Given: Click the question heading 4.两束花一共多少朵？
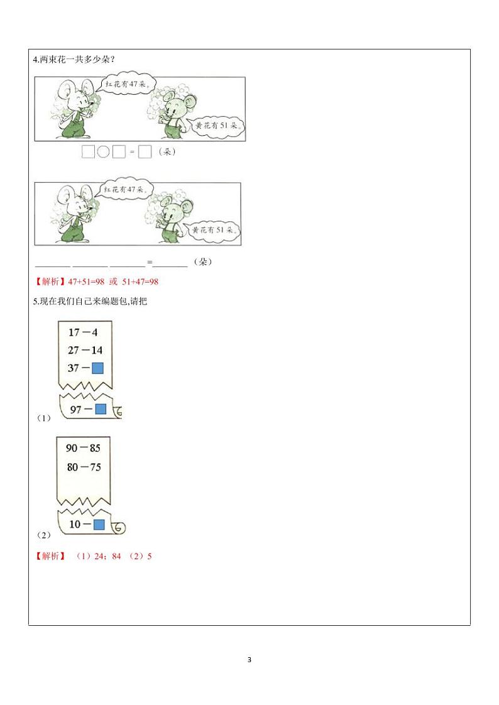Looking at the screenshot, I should point(73,60).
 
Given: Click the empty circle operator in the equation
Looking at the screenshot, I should point(103,152).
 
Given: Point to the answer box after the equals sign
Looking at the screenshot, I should point(145,152).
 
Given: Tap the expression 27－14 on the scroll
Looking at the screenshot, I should point(85,350).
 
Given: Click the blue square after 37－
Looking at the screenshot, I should point(97,368).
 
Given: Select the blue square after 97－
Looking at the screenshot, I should point(100,410).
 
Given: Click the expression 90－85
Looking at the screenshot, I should point(83,449).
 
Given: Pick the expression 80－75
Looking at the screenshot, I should point(83,467).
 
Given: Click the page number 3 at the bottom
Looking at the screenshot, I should point(249,660).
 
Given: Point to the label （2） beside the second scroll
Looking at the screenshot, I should point(43,535).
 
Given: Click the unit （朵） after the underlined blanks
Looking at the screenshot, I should point(202,262).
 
